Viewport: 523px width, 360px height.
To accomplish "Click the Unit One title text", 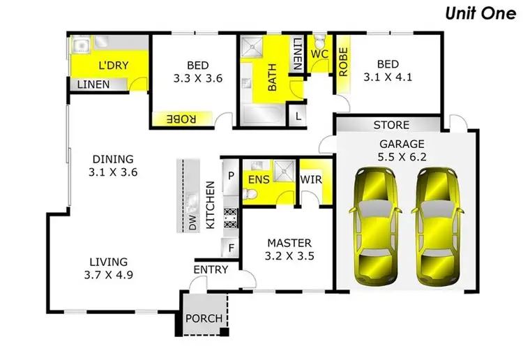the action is [x=477, y=14].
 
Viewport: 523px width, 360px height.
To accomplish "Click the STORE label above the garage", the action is [x=391, y=126].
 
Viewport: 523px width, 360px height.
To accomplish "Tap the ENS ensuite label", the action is [x=258, y=179].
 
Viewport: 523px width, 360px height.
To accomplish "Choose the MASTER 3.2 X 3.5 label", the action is [x=289, y=249].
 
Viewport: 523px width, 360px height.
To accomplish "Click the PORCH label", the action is [x=204, y=319].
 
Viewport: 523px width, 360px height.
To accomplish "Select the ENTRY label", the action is [x=210, y=269].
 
